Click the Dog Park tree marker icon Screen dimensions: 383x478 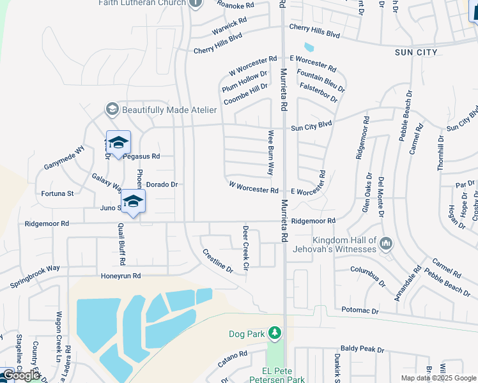pos(275,333)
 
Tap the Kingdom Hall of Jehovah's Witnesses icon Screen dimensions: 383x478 pos(386,244)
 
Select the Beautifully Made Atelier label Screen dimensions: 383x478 pos(169,110)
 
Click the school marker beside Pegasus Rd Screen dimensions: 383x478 pos(118,143)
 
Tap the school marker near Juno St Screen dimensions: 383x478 pos(133,202)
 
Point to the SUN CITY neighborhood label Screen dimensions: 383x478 pos(416,52)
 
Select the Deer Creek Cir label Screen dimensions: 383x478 pos(245,246)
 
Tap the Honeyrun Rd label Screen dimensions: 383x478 pos(120,276)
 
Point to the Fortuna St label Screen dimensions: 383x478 pos(58,193)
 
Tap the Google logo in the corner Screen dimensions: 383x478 pos(21,375)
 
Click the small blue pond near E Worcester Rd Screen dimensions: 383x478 pos(309,47)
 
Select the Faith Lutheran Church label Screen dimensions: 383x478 pos(142,3)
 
